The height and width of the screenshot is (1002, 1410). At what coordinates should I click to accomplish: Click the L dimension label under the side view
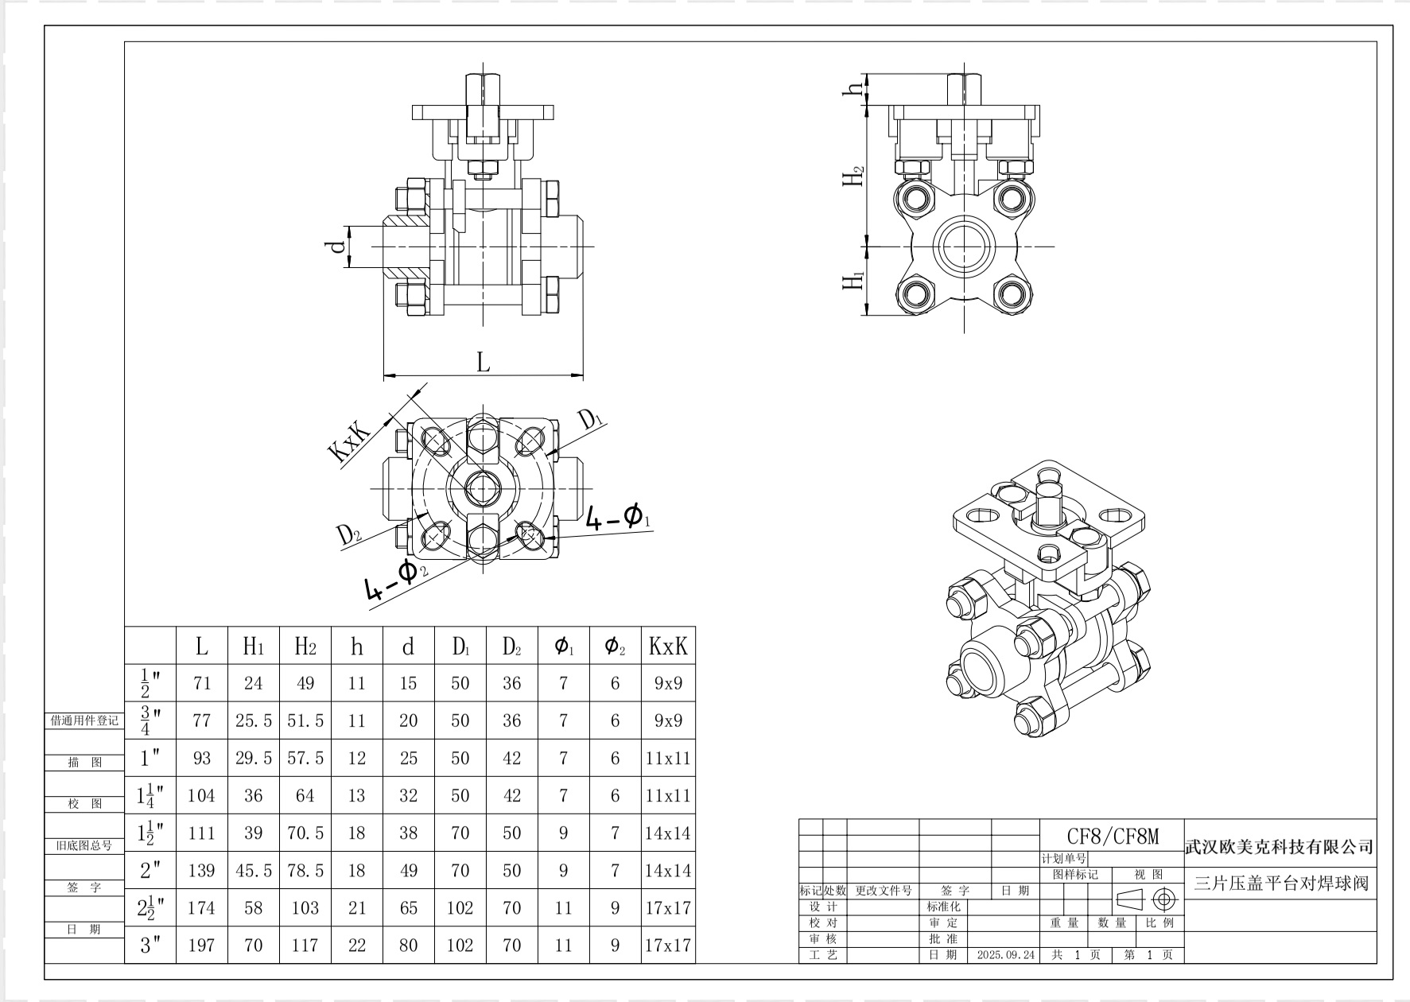tap(483, 363)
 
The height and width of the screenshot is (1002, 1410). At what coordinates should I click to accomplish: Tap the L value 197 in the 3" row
tap(202, 945)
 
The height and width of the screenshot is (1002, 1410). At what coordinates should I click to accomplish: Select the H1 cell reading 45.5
tap(253, 870)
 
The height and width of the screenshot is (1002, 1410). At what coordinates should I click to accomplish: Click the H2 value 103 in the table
tap(305, 907)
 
